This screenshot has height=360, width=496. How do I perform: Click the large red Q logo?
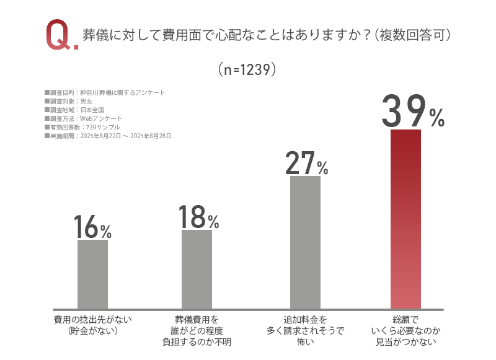click(60, 35)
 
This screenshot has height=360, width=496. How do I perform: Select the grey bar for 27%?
click(305, 242)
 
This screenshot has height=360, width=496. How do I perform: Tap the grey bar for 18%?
click(197, 269)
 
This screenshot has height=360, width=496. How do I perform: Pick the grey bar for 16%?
click(92, 274)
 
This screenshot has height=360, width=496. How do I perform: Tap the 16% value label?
click(92, 227)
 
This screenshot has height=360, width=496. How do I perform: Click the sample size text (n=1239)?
click(247, 69)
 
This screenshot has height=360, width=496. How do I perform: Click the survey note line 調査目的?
click(105, 92)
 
